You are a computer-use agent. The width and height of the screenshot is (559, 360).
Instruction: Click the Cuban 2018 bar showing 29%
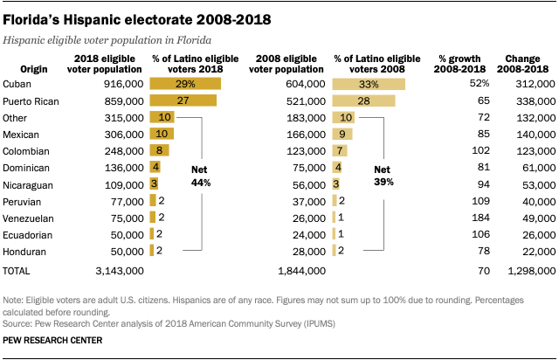point(185,84)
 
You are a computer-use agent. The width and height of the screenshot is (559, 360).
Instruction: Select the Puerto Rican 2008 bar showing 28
point(363,100)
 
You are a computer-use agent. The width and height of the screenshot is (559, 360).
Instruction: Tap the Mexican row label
point(22,134)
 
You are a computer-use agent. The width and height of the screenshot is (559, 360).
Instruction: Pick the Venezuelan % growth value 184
point(479,217)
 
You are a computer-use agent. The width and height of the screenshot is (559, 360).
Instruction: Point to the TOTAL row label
point(18,271)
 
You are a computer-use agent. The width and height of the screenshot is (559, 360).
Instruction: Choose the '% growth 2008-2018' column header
point(462,63)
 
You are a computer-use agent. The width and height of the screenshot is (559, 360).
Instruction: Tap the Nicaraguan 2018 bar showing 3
point(154,183)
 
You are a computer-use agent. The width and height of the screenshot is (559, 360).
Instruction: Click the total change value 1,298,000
point(529,271)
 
